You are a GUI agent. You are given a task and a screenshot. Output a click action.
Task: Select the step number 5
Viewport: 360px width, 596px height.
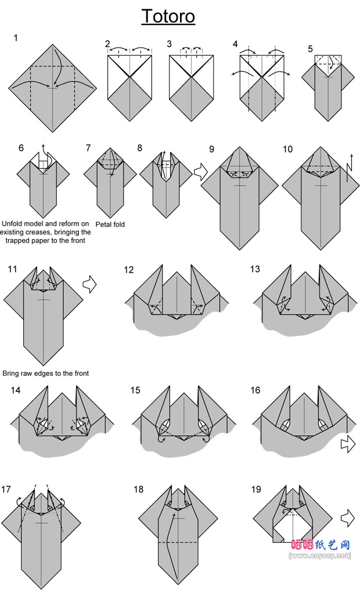311,49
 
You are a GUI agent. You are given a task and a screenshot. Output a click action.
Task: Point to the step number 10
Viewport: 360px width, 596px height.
287,149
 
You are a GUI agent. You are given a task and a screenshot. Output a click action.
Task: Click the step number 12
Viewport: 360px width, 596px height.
128,270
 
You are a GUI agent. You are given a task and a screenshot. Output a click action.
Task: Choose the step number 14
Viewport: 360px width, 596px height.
15,390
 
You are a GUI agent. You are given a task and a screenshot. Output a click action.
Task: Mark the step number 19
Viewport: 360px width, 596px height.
256,489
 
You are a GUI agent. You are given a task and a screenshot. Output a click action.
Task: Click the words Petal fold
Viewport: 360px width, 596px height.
110,224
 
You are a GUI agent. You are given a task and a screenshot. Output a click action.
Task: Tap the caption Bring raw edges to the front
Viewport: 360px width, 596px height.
46,374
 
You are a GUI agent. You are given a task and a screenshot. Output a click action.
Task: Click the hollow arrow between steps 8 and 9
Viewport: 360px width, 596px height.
199,171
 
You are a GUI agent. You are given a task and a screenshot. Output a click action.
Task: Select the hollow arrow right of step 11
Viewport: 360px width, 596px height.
89,284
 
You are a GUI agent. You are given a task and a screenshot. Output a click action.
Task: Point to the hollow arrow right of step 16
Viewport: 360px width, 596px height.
348,444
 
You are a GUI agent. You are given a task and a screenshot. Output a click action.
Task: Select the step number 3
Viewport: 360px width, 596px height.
169,44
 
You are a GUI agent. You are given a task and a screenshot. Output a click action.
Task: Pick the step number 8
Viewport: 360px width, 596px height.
140,148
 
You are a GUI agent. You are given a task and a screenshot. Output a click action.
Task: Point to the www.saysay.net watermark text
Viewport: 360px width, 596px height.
320,555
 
